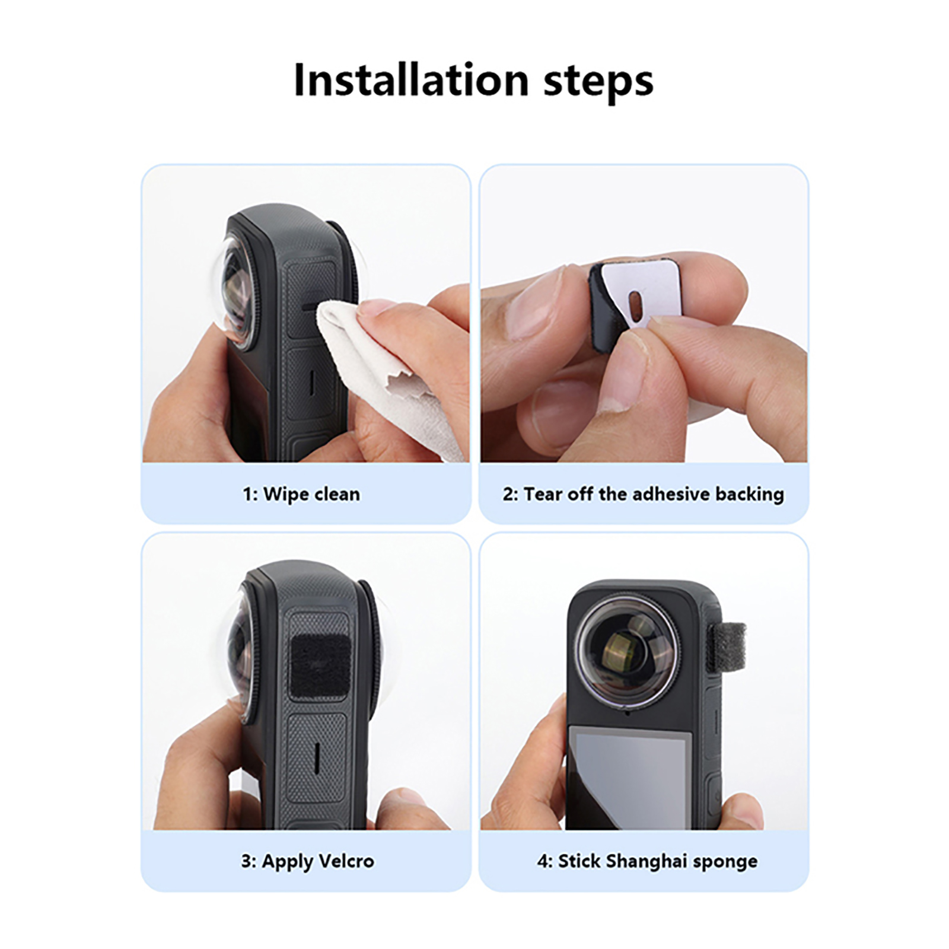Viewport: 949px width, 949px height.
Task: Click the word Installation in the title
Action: [x=411, y=79]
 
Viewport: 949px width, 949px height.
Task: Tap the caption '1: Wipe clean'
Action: [x=301, y=494]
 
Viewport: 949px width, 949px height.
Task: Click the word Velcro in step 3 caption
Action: [x=346, y=861]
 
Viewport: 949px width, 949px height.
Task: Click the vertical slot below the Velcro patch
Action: [x=316, y=757]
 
